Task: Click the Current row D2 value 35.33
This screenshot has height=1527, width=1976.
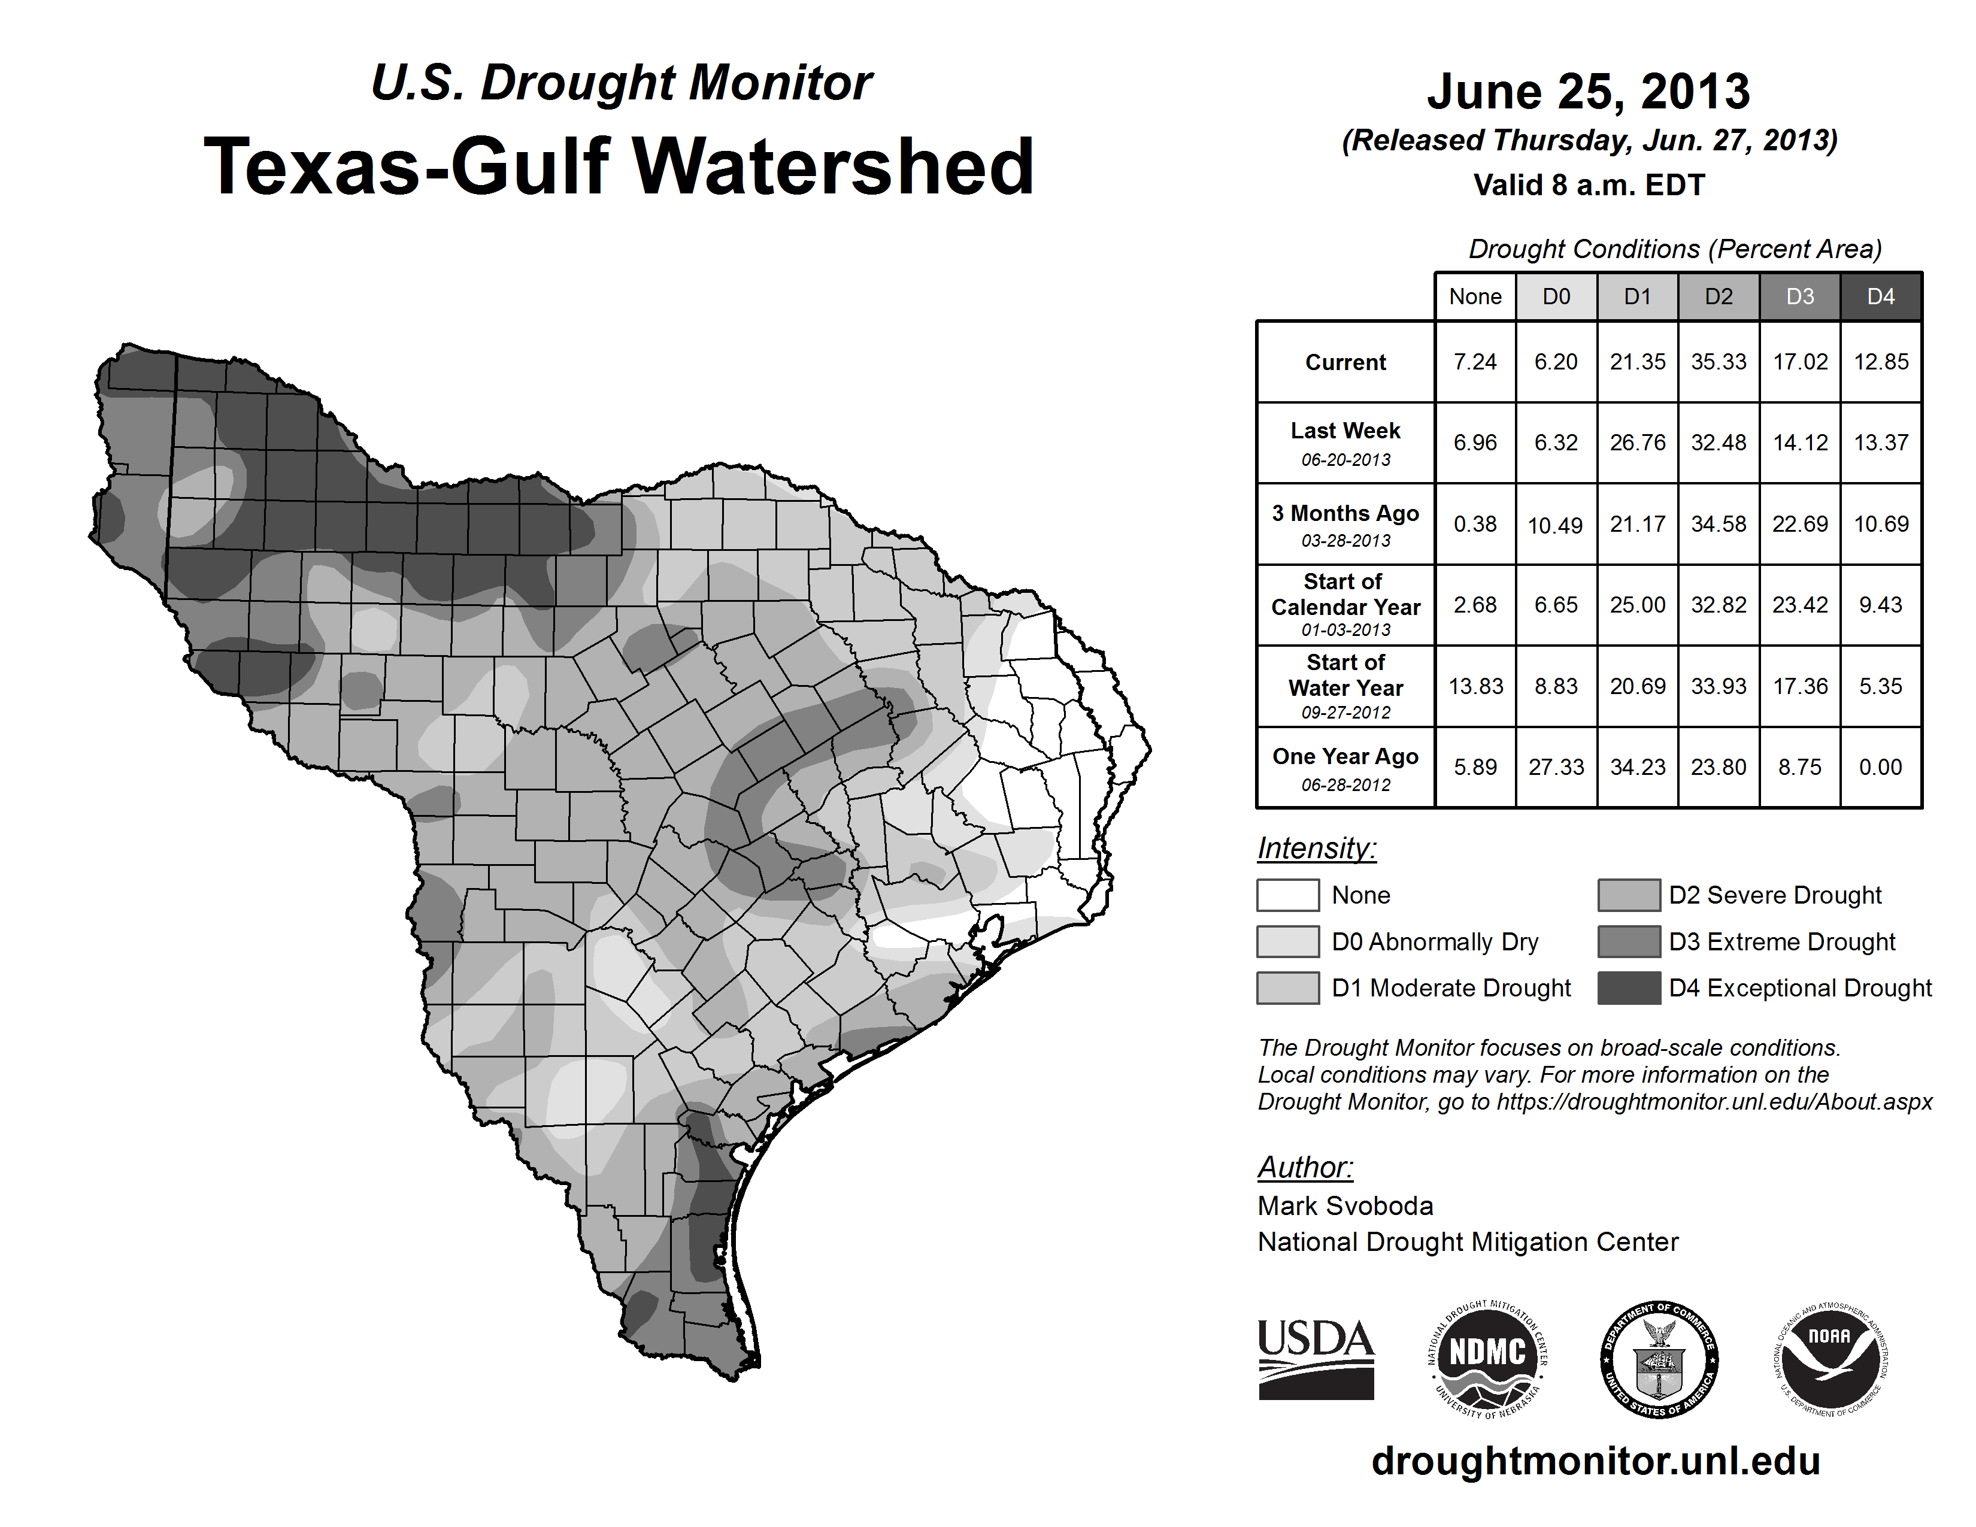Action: click(x=1718, y=362)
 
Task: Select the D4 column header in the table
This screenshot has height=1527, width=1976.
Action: click(x=1880, y=296)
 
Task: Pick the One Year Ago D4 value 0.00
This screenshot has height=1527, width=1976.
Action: click(x=1880, y=767)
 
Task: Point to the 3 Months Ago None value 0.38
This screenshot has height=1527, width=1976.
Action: click(x=1475, y=524)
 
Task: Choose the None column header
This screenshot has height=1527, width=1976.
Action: click(x=1475, y=296)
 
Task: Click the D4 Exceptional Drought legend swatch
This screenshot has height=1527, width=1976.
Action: click(x=1629, y=988)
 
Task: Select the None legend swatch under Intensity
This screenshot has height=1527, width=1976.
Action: click(x=1287, y=895)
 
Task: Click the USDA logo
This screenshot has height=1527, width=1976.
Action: click(x=1316, y=1359)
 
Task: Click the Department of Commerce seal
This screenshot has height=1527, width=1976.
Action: click(x=1659, y=1359)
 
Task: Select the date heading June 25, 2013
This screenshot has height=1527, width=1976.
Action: click(x=1589, y=92)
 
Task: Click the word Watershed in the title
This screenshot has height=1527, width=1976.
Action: click(x=832, y=166)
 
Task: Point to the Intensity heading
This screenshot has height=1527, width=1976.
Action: click(x=1316, y=849)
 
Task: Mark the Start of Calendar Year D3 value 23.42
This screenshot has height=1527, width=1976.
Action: click(x=1799, y=604)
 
